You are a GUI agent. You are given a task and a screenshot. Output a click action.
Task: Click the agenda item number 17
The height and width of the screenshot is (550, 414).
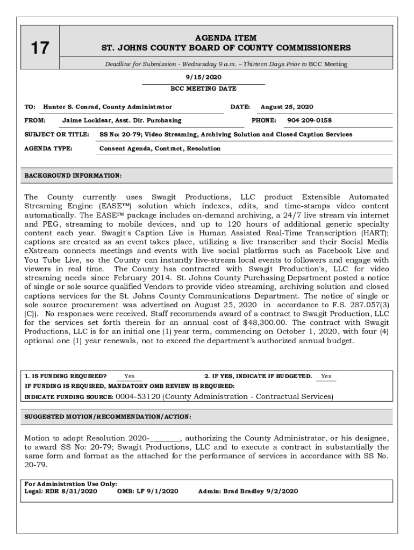click(x=39, y=48)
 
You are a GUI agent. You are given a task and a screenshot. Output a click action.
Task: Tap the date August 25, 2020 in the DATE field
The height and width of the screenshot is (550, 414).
click(x=287, y=107)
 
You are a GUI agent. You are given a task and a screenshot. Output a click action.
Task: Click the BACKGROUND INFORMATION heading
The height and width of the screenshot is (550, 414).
click(x=73, y=176)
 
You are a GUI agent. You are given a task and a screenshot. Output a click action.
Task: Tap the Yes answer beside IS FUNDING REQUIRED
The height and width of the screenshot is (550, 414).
click(x=129, y=376)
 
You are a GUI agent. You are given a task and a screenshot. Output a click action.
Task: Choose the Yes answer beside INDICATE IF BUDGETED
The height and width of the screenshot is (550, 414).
click(x=326, y=376)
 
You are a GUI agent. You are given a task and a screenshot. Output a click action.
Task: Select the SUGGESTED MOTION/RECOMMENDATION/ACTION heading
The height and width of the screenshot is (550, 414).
click(x=108, y=416)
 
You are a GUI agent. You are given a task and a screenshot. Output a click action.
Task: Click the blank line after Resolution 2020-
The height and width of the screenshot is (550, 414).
click(x=166, y=438)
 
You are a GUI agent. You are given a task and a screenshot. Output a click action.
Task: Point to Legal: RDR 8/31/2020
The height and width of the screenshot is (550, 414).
click(x=61, y=491)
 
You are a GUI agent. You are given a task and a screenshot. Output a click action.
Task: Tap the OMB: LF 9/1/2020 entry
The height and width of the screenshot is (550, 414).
click(x=147, y=491)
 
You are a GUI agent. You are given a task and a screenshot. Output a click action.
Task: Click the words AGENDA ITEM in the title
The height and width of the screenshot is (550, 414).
click(x=225, y=38)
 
